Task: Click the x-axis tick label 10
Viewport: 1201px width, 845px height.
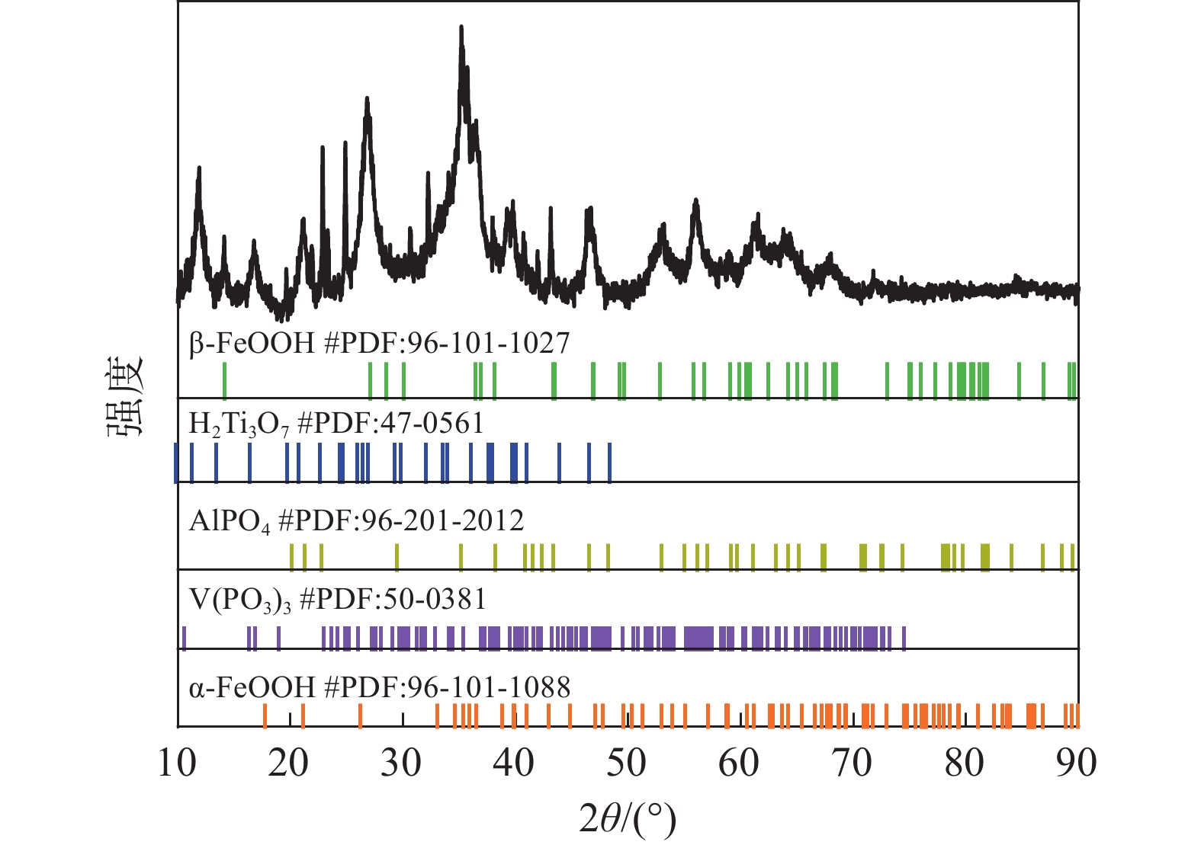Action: point(177,763)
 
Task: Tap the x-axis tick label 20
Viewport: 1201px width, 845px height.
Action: point(289,763)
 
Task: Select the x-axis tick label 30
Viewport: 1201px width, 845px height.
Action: point(402,763)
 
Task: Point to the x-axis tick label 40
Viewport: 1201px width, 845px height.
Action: point(514,763)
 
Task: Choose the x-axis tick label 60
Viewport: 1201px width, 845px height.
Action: point(739,763)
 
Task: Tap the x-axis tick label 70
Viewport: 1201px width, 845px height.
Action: point(852,763)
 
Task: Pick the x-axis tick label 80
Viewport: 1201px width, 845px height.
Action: point(964,763)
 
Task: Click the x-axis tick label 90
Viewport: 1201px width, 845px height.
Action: point(1076,763)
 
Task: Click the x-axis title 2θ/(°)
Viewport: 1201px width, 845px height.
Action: point(628,819)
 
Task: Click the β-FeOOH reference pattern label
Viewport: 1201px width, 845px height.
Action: point(379,344)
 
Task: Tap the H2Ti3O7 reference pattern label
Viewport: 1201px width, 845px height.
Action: point(336,424)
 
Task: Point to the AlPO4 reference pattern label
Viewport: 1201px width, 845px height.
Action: point(356,521)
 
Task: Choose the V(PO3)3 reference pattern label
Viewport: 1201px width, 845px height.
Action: point(337,600)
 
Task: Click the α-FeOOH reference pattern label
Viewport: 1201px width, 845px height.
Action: point(379,688)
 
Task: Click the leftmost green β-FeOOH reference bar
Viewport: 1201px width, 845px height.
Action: point(224,380)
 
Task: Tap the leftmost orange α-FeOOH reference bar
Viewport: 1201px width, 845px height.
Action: point(265,715)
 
